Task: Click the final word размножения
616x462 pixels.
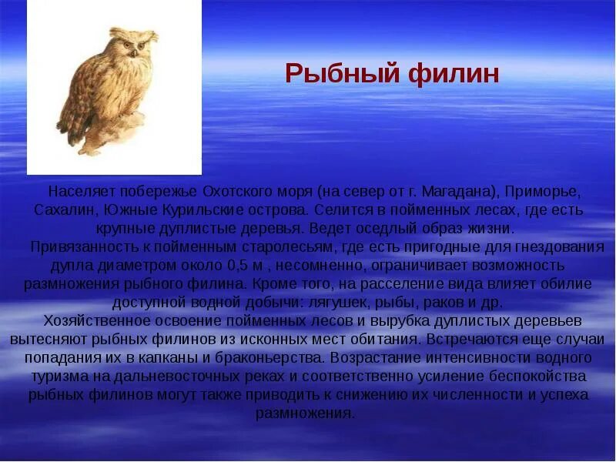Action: [305, 413]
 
